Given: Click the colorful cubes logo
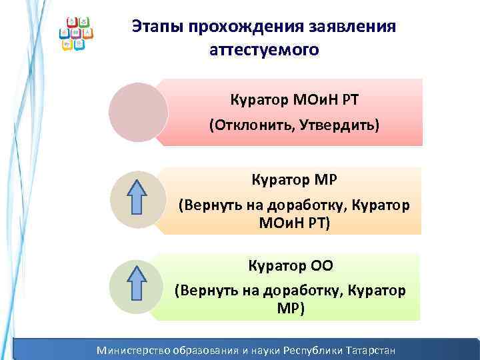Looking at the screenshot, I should click(x=77, y=34).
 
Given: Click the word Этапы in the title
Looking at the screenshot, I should click(x=157, y=26).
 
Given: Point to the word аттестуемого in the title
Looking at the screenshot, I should click(x=265, y=50).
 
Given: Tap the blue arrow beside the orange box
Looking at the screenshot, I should click(x=137, y=196).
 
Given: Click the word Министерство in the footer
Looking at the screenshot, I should click(x=133, y=350).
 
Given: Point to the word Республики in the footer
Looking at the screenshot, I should click(x=310, y=350).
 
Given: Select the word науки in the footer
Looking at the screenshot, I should click(x=264, y=350).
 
